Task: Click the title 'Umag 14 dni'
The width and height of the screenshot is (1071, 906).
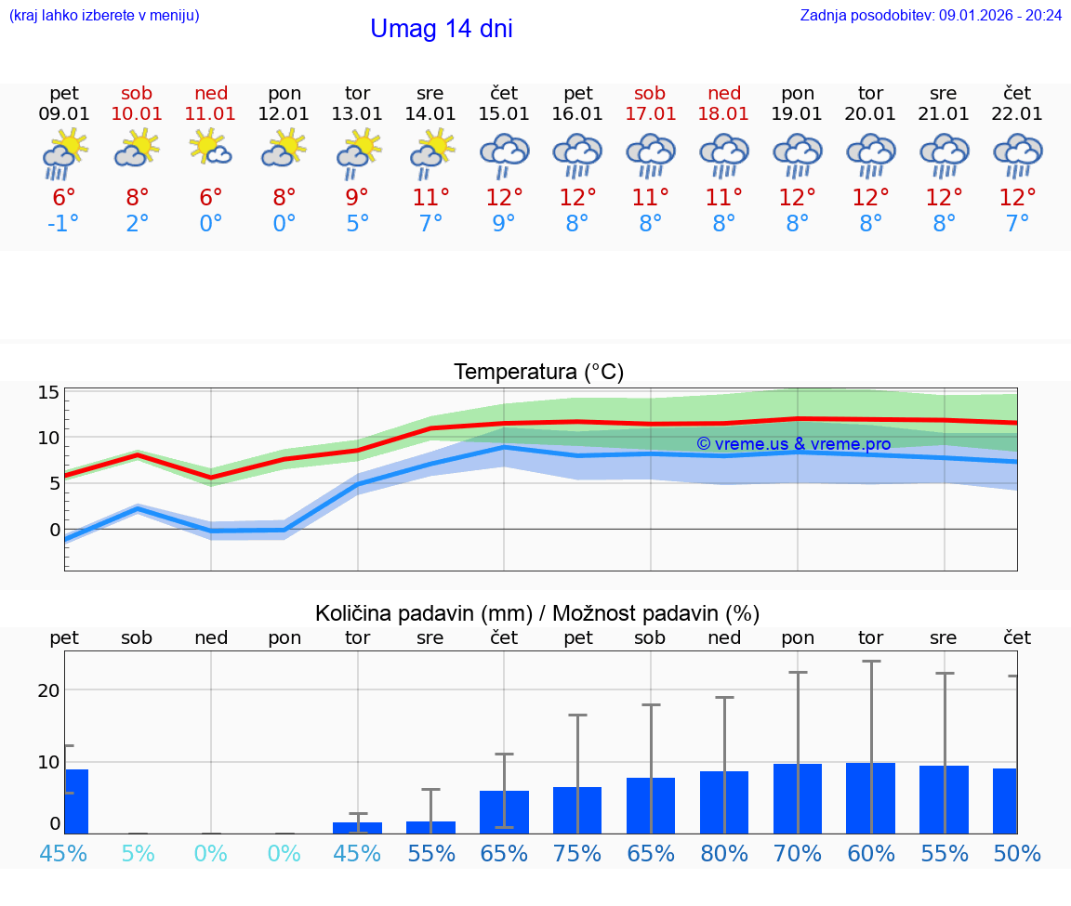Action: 441,29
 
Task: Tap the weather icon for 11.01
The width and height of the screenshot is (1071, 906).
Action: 211,149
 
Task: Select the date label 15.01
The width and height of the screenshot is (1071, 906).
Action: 504,114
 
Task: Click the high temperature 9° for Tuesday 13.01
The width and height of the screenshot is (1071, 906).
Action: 357,198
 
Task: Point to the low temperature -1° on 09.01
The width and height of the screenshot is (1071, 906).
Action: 64,224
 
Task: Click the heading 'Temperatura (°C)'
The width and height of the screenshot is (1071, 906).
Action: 538,373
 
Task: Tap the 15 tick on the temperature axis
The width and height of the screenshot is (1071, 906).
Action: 48,392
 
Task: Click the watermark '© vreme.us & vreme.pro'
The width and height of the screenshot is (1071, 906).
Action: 793,444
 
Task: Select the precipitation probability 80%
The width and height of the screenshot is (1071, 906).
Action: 724,853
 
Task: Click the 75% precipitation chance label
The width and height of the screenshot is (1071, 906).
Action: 577,853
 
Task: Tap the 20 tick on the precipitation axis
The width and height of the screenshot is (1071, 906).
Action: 48,689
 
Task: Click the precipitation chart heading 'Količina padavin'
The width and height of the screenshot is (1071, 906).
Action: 423,613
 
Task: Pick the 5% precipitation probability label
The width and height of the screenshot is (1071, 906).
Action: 138,853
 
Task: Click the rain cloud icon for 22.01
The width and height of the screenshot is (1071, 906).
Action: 1017,154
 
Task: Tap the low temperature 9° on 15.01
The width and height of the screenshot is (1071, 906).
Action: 504,224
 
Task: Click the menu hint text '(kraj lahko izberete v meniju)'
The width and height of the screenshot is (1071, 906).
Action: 103,15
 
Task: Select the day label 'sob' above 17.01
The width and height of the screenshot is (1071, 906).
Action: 650,93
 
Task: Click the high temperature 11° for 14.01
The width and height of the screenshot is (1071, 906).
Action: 430,198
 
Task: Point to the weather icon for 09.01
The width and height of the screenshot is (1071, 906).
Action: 64,154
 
